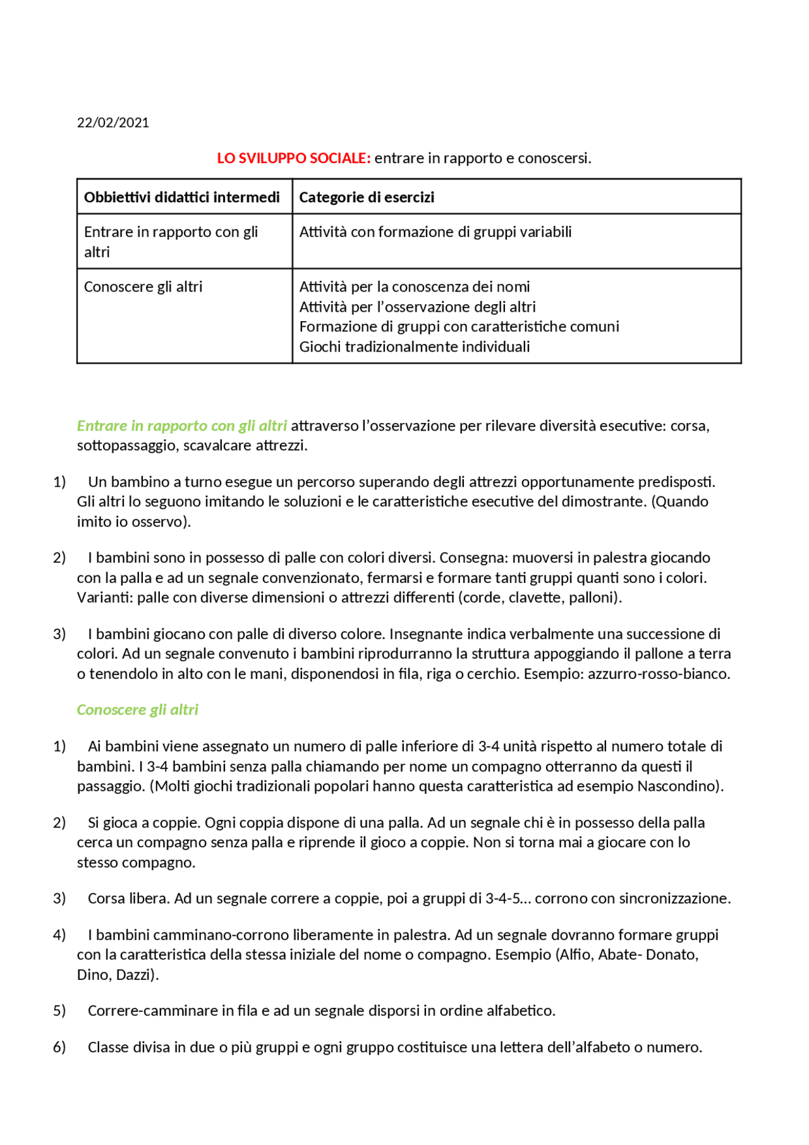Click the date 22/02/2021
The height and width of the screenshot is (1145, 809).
tap(113, 123)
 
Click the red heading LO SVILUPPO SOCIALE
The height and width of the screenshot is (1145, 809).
tap(293, 158)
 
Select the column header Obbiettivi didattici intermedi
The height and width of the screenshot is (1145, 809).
tap(182, 197)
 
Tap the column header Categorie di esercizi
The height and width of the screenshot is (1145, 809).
tap(367, 197)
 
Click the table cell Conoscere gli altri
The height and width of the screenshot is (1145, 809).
tap(143, 287)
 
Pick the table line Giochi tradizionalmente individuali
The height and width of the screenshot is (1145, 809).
tap(415, 347)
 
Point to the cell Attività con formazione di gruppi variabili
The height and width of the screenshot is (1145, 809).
tap(435, 232)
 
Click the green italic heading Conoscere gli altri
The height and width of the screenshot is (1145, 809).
tap(138, 710)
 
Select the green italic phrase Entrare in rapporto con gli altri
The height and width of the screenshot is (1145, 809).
tap(182, 426)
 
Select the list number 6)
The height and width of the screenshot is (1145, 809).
tap(59, 1048)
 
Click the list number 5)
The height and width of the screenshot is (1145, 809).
tap(59, 1011)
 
